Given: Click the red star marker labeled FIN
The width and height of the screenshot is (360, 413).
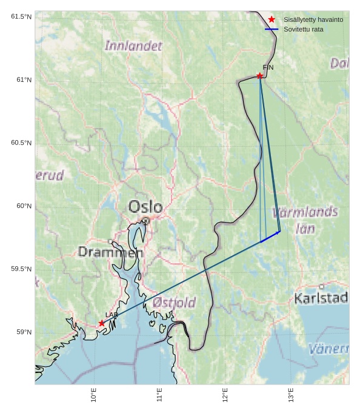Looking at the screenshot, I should tap(259, 76).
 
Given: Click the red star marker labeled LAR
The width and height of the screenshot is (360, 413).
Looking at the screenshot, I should tap(102, 323).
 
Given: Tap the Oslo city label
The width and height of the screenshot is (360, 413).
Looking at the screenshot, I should tap(145, 207).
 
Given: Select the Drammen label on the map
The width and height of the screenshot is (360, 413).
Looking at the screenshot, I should tap(110, 252).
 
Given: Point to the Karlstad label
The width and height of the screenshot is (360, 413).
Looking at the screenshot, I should tap(321, 298).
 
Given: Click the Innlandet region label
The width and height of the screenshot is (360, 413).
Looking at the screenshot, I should tap(133, 45).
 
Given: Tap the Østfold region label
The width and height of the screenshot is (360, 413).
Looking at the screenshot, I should tap(174, 302).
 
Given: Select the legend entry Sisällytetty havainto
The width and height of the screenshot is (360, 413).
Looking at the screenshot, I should tap(313, 20).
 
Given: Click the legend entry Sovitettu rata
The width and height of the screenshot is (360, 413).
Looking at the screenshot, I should tap(303, 29).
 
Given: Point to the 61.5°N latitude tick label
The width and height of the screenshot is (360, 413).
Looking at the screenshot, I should tap(21, 16).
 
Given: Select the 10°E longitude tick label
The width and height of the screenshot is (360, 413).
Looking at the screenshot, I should tap(93, 395).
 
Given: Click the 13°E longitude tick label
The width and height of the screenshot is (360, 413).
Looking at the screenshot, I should tap(291, 395).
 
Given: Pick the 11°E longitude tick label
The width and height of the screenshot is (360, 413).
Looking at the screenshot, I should tap(159, 395).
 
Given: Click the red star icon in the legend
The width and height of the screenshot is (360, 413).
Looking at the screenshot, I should tap(272, 20).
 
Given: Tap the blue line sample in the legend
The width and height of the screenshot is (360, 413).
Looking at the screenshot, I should tap(272, 29).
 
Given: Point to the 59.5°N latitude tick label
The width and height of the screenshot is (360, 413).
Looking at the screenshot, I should tap(21, 269).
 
